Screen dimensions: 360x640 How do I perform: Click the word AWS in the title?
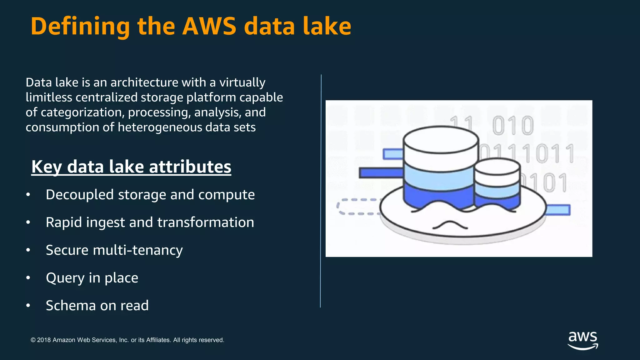pos(209,26)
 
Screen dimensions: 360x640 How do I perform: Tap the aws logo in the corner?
pos(583,341)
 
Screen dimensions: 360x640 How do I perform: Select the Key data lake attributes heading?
pos(131,167)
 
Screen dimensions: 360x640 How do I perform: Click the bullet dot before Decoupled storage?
pos(28,195)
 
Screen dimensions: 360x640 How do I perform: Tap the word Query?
pos(65,278)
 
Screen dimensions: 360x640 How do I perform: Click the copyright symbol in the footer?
pos(33,340)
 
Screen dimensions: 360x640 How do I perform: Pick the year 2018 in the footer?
pos(44,340)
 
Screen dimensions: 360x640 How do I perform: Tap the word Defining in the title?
pos(80,27)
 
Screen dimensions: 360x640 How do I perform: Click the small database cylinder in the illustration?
pos(497,183)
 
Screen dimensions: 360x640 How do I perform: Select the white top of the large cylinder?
pos(441,139)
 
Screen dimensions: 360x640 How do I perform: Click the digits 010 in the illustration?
pos(513,125)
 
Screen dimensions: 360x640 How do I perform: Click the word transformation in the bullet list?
pos(206,222)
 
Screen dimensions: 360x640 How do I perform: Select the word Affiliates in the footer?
pos(158,340)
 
